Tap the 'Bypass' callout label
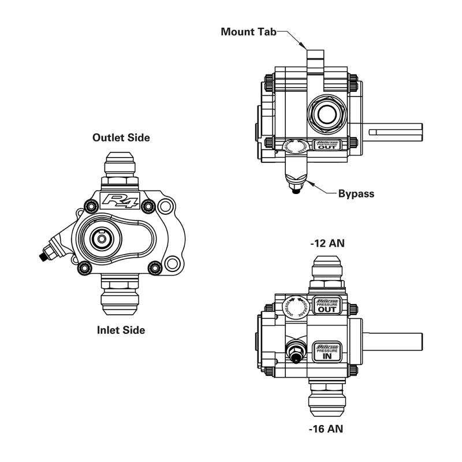[356, 194]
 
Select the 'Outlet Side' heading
[122, 138]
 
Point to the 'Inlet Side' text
[121, 330]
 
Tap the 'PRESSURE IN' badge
[326, 351]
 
